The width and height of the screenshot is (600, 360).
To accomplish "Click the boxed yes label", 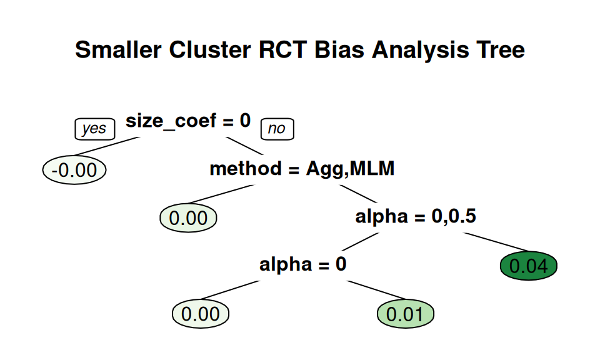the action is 95,129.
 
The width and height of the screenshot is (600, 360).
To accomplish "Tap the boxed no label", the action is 277,129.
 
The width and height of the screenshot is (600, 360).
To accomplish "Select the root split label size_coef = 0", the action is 188,121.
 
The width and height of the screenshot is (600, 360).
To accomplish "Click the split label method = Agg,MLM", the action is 302,169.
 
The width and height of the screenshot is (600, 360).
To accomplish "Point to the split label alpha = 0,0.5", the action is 416,216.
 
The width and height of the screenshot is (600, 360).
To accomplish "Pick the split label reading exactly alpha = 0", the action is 302,264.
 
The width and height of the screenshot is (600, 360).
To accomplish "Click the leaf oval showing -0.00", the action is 74,170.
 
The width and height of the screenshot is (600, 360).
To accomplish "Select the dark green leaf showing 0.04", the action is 529,266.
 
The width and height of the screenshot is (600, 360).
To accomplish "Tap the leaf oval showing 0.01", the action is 406,314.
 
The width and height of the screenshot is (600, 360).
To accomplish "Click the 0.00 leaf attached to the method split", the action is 188,217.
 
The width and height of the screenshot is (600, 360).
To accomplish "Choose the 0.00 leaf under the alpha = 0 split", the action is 201,314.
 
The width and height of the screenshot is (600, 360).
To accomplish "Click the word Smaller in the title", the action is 118,50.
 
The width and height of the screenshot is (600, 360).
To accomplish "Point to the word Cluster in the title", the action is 210,50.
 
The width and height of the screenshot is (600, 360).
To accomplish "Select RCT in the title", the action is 282,50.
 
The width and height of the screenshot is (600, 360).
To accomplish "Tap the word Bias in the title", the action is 339,50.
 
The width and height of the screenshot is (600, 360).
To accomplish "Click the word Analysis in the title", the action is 420,51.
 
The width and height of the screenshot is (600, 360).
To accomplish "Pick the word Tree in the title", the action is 501,50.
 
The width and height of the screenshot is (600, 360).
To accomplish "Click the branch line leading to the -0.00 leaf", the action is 106,146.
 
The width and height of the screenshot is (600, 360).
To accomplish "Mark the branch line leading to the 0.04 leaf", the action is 496,242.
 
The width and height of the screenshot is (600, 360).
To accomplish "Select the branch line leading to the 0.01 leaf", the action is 376,290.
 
